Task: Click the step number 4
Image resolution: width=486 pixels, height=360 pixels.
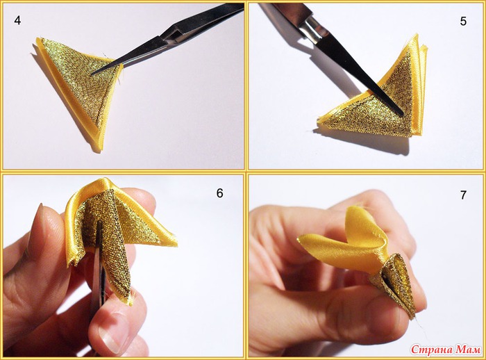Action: [17, 20]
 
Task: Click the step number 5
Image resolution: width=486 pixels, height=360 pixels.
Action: [463, 22]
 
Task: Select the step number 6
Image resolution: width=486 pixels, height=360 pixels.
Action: [219, 193]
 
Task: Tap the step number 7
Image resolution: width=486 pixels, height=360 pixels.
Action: [463, 195]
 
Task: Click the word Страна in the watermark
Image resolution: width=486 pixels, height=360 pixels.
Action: [433, 350]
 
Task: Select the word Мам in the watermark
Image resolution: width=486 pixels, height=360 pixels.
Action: [469, 350]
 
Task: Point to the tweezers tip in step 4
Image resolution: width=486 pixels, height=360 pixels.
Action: [92, 74]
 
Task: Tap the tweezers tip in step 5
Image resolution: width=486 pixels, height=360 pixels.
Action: [402, 114]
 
